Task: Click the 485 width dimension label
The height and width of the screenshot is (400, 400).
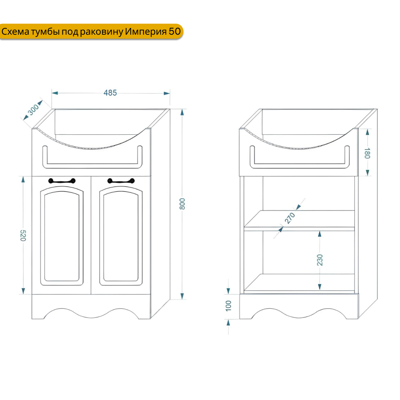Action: pyautogui.click(x=110, y=93)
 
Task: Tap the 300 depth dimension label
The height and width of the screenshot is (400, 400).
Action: pyautogui.click(x=33, y=109)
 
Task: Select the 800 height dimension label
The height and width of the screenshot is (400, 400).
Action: pyautogui.click(x=182, y=204)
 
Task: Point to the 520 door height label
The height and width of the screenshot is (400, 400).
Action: pyautogui.click(x=23, y=235)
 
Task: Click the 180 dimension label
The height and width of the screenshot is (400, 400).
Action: pyautogui.click(x=367, y=153)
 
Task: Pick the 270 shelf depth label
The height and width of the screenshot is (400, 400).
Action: pyautogui.click(x=290, y=218)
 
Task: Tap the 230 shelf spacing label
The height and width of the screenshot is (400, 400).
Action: pyautogui.click(x=320, y=260)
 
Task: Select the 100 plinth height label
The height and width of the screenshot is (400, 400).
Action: pyautogui.click(x=228, y=305)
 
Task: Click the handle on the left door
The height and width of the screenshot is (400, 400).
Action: pyautogui.click(x=62, y=181)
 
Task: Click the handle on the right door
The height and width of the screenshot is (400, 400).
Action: pyautogui.click(x=121, y=181)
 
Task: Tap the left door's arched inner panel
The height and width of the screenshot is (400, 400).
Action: pyautogui.click(x=62, y=237)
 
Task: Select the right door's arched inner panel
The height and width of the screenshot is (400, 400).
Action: pyautogui.click(x=121, y=237)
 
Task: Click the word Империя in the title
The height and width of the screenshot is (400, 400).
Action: pyautogui.click(x=146, y=32)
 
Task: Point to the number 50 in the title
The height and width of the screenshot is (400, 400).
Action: pyautogui.click(x=175, y=32)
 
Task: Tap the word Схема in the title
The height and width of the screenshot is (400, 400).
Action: pyautogui.click(x=15, y=32)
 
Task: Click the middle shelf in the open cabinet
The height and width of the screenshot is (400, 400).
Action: pyautogui.click(x=299, y=221)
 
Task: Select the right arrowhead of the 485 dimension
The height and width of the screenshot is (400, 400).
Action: pyautogui.click(x=167, y=93)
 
